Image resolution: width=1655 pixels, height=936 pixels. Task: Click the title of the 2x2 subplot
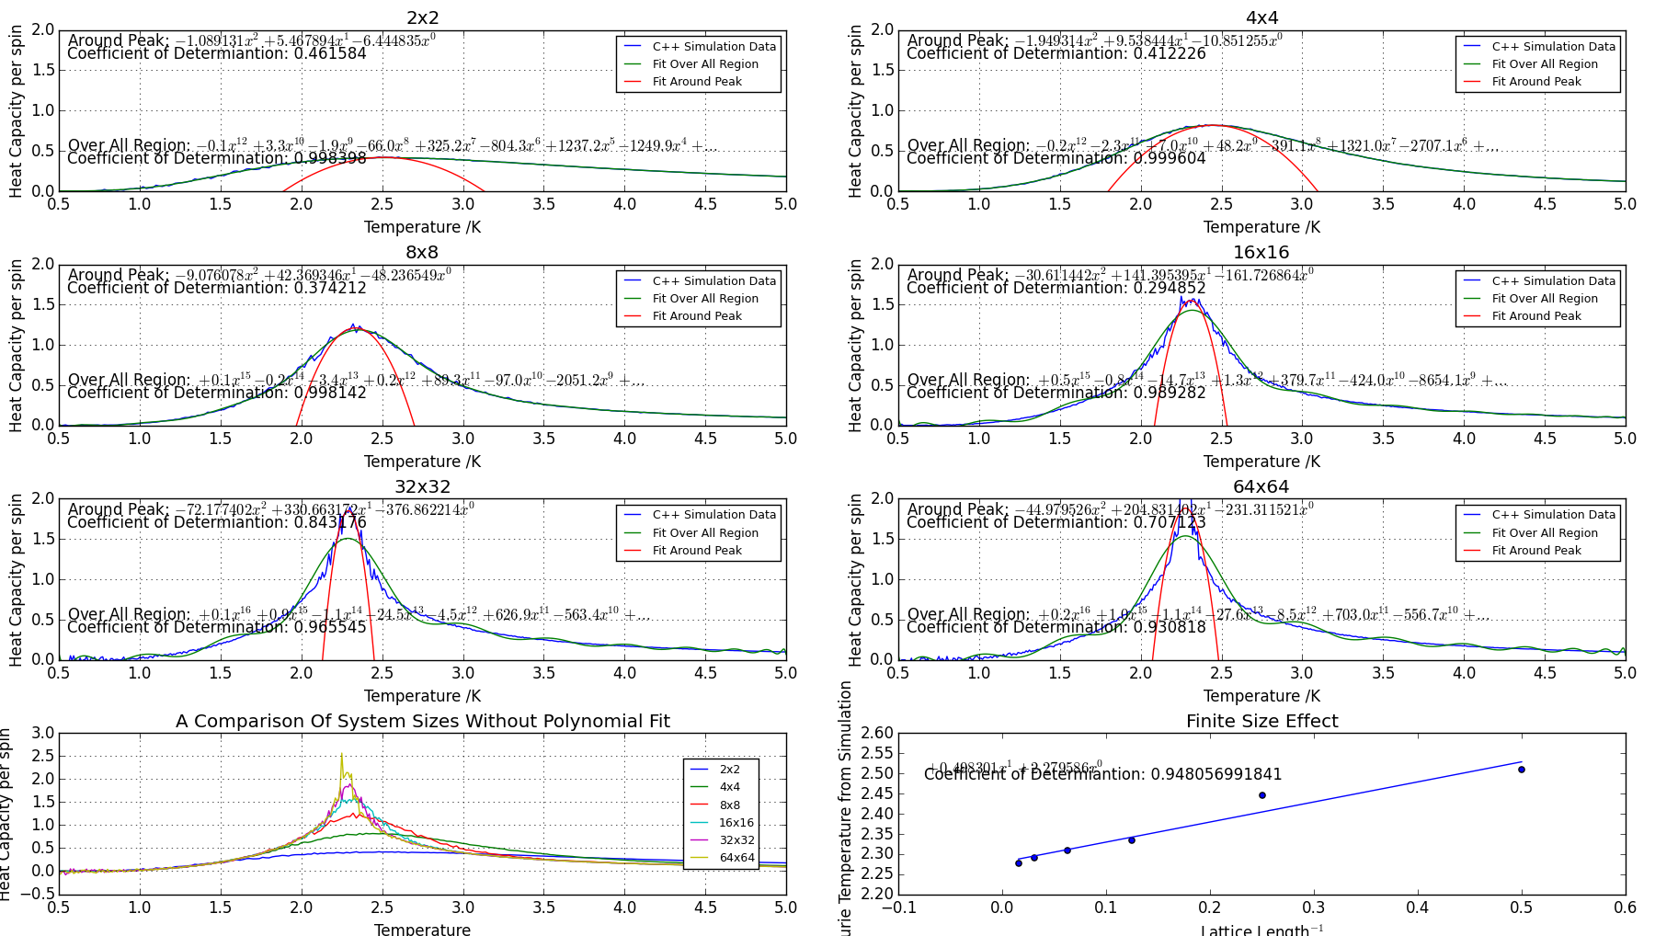point(422,18)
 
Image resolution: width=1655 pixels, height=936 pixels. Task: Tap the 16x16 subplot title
point(1261,253)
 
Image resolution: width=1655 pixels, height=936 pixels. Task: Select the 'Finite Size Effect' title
point(1261,722)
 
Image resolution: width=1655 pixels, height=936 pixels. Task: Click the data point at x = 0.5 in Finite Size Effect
point(1522,770)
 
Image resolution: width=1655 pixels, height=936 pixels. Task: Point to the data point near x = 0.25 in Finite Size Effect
point(1262,795)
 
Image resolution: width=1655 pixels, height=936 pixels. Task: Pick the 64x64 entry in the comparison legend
point(736,858)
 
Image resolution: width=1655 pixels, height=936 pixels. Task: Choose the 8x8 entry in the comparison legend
point(729,805)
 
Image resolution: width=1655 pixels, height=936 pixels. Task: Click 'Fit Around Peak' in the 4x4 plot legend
point(1536,82)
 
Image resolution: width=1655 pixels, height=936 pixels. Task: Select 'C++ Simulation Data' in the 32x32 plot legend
point(713,515)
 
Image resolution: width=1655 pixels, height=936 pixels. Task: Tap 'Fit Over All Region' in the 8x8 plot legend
point(705,299)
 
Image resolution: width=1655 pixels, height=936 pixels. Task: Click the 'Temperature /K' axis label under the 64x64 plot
point(1261,696)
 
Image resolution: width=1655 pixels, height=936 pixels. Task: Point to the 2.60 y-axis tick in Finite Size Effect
point(877,734)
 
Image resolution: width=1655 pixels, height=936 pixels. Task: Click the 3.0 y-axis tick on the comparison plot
point(43,734)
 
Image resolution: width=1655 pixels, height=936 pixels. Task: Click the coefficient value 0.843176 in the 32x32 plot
point(330,522)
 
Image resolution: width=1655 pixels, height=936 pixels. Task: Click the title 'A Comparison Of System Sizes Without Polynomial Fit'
point(422,722)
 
